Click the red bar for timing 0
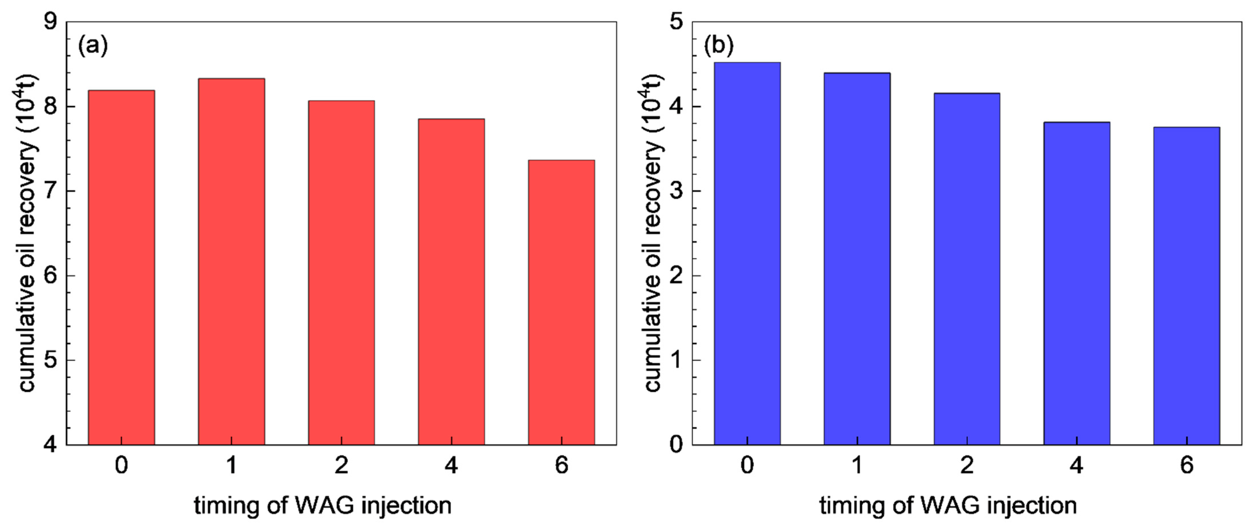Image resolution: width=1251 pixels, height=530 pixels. coord(121,267)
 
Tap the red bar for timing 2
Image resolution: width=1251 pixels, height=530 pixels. coord(342,272)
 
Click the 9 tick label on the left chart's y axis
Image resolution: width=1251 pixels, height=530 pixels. coord(50,22)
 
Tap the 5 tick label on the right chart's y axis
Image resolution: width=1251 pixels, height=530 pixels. coord(676,22)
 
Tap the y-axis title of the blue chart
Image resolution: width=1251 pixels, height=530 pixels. coord(654,233)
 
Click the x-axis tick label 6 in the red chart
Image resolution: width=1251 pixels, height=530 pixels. coord(561,465)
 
